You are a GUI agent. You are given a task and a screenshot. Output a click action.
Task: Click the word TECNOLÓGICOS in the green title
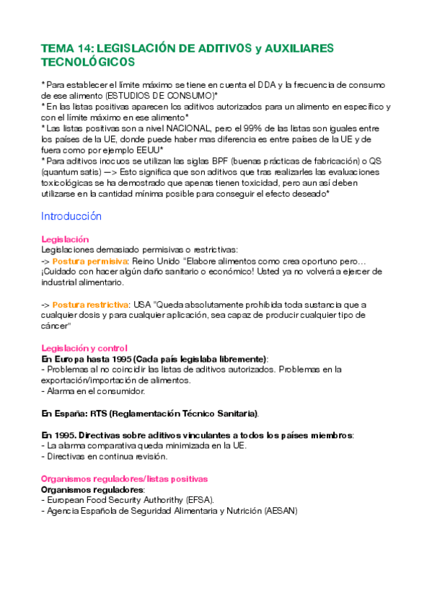click(88, 63)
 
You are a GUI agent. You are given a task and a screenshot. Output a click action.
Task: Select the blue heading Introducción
click(71, 216)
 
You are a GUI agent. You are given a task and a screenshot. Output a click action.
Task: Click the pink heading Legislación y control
click(84, 348)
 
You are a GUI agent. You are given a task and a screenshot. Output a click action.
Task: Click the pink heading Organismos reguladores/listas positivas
click(124, 478)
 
